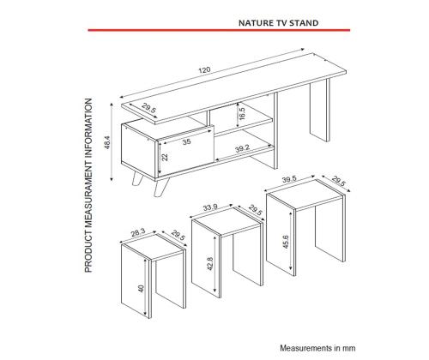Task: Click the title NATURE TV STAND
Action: pos(278,23)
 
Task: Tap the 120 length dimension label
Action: pos(204,70)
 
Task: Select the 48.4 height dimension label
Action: pos(107,142)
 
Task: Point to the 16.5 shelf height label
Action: pos(242,114)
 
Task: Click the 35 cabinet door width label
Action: pos(186,141)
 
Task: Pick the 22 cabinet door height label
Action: pos(165,157)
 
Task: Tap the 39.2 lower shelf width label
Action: pos(242,148)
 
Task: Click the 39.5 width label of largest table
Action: pos(289,180)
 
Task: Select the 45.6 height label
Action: pos(286,242)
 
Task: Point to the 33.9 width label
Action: pos(210,207)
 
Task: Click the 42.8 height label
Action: pos(210,264)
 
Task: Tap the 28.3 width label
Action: pos(138,233)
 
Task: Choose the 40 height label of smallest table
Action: pos(142,288)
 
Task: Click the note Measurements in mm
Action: pos(317,348)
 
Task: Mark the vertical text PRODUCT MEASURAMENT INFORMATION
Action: pos(88,185)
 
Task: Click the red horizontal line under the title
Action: pos(219,30)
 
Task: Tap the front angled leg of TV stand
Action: pos(161,187)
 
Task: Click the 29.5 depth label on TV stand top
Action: pos(149,109)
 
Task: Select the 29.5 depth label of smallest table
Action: pos(178,236)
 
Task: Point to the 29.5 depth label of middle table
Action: pos(255,210)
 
